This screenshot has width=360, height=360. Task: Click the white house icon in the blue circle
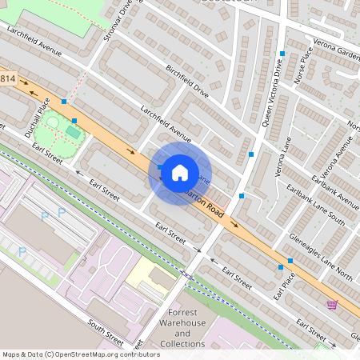coord(180,172)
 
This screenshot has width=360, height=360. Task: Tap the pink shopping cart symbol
coord(331,304)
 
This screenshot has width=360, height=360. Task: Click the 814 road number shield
coord(8,78)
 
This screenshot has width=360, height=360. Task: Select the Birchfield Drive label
coord(192,80)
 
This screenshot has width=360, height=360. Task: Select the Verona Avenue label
coord(335,163)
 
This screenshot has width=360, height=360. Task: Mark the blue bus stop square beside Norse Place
coord(282,54)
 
